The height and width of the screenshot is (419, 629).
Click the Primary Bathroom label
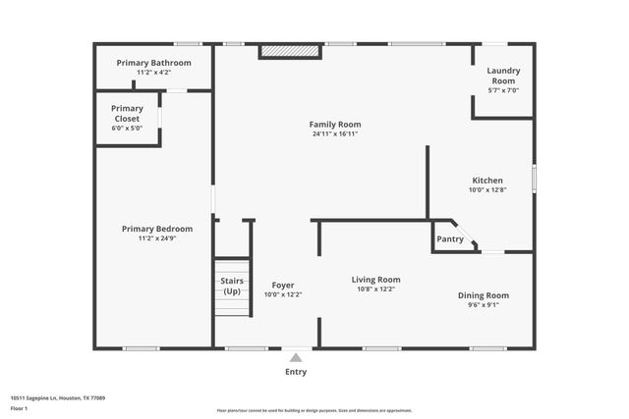tap(153, 63)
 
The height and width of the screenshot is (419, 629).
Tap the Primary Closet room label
tap(127, 114)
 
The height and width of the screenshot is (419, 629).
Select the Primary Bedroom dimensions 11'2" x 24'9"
tap(157, 238)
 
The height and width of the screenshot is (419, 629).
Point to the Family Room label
tap(335, 125)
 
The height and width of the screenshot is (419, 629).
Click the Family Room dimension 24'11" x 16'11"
tap(335, 134)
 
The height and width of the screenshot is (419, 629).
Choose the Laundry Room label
tap(503, 76)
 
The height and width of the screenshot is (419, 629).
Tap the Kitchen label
tap(487, 181)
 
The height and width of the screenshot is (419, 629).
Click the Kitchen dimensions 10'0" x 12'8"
tap(487, 190)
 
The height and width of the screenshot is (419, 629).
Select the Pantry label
tap(449, 239)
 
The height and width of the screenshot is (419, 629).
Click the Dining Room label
tap(484, 295)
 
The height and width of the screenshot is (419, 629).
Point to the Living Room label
tap(376, 280)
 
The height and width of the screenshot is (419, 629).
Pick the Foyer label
tap(283, 285)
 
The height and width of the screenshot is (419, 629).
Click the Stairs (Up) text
tap(232, 287)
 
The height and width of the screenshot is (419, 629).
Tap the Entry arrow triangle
tap(296, 358)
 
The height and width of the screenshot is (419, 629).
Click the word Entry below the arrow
tap(296, 372)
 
